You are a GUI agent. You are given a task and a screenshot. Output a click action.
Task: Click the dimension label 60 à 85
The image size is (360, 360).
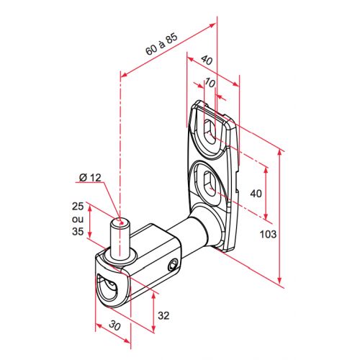pos(162,44)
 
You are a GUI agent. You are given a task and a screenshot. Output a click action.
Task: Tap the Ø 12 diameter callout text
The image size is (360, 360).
pos(90,178)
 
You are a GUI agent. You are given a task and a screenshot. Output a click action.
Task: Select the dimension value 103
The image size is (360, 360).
pos(269,234)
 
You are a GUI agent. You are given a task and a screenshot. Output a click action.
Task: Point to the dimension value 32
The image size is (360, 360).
pos(163,315)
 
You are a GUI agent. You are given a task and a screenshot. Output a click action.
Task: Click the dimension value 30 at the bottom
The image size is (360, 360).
pos(114,325)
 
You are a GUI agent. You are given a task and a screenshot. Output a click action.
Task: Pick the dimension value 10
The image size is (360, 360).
pos(210,83)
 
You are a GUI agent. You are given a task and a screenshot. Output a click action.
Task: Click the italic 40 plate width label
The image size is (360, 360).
pos(207,60)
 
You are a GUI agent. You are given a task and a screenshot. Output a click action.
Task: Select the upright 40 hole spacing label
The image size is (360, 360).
pos(256,193)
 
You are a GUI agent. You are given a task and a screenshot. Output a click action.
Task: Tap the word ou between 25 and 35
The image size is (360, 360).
pos(78,219)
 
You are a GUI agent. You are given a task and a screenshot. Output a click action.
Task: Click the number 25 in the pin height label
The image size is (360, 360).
pos(78,207)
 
